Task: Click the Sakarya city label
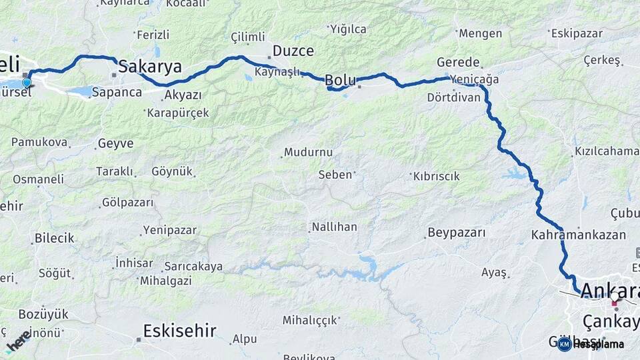pyautogui.click(x=150, y=66)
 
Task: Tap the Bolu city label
pyautogui.click(x=339, y=80)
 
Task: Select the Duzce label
pyautogui.click(x=293, y=51)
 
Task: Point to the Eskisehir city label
pyautogui.click(x=180, y=329)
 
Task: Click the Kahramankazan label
pyautogui.click(x=579, y=235)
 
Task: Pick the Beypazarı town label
pyautogui.click(x=457, y=233)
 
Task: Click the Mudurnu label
pyautogui.click(x=308, y=152)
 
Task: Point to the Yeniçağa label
pyautogui.click(x=475, y=79)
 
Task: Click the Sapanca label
pyautogui.click(x=117, y=92)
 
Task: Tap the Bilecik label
pyautogui.click(x=55, y=238)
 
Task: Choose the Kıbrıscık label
pyautogui.click(x=437, y=176)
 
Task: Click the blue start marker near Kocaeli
pyautogui.click(x=27, y=83)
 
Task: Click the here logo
pyautogui.click(x=18, y=340)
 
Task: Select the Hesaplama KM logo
pyautogui.click(x=591, y=344)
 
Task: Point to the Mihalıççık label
pyautogui.click(x=310, y=320)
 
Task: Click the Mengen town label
pyautogui.click(x=480, y=33)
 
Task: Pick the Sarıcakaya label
pyautogui.click(x=193, y=267)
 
